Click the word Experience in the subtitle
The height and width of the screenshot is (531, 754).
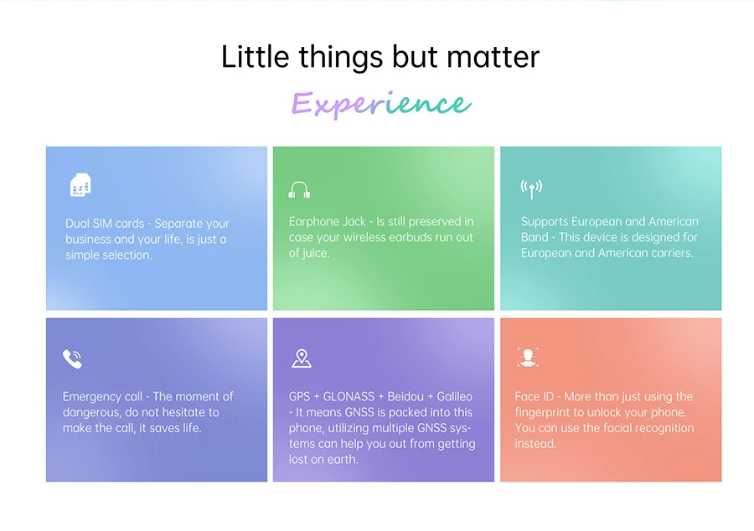click(381, 104)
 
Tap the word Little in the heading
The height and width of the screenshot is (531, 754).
click(255, 57)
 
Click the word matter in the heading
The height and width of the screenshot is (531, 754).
click(493, 57)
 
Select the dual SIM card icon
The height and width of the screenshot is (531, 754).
click(80, 185)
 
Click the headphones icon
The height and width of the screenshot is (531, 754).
click(299, 190)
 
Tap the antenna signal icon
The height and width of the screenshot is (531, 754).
click(531, 188)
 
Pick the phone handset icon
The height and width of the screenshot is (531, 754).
click(73, 358)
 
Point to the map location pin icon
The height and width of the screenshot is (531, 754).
click(302, 358)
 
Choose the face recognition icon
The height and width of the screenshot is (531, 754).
click(528, 357)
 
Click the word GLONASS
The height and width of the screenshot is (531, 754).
click(349, 396)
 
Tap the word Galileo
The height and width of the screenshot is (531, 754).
click(454, 396)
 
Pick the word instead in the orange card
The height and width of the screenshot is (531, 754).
click(535, 444)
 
